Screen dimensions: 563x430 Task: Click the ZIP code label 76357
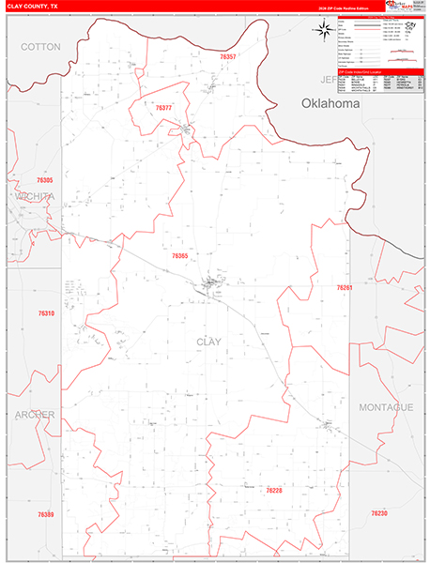pyautogui.click(x=228, y=57)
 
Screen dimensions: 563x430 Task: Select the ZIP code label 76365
pyautogui.click(x=180, y=255)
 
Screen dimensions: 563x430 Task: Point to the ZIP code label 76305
pyautogui.click(x=45, y=179)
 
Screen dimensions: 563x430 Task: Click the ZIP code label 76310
pyautogui.click(x=47, y=312)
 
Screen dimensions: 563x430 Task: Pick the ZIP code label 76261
pyautogui.click(x=346, y=288)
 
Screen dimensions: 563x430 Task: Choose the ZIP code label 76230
pyautogui.click(x=379, y=513)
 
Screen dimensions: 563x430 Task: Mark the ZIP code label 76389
pyautogui.click(x=46, y=514)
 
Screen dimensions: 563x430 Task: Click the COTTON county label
pyautogui.click(x=40, y=46)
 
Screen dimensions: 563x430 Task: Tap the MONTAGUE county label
pyautogui.click(x=385, y=406)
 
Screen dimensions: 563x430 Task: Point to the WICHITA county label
pyautogui.click(x=34, y=196)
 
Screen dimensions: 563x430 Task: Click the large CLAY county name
pyautogui.click(x=208, y=342)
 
